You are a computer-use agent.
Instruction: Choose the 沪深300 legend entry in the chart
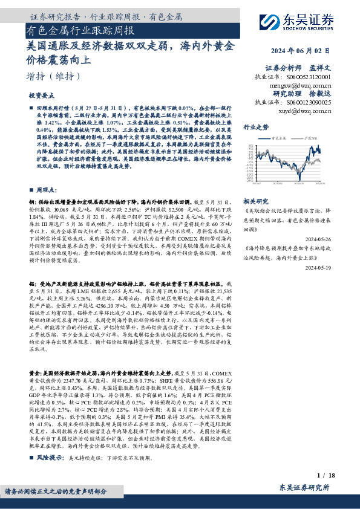coord(311,138)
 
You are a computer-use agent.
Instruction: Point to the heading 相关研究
coord(255,200)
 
